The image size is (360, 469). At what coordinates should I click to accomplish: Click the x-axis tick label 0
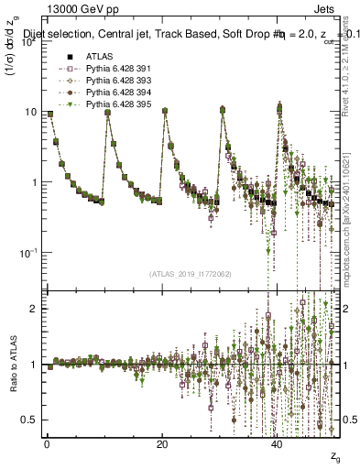[48, 443]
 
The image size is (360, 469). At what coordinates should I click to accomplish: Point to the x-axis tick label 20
[162, 443]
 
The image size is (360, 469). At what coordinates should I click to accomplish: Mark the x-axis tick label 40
[277, 443]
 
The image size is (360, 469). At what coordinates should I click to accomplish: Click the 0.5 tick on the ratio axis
[31, 420]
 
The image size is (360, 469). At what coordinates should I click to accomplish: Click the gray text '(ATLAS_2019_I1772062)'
[191, 273]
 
